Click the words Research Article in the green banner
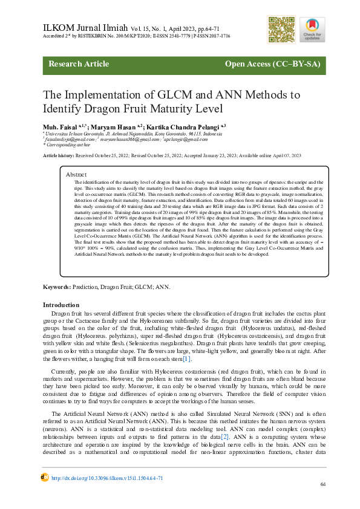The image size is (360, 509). tap(78, 64)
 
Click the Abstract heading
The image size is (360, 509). tap(76, 173)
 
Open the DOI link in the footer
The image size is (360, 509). tap(106, 478)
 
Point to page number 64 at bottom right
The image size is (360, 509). tap(323, 485)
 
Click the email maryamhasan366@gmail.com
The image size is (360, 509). tap(123, 140)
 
